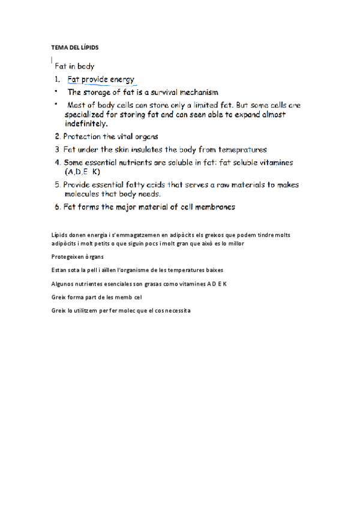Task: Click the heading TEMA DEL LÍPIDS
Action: point(74,47)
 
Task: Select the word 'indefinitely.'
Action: point(86,124)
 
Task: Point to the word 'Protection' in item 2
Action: point(84,136)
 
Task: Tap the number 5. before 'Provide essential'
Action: point(58,185)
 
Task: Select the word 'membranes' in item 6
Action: point(214,207)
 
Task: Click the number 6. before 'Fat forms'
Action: point(58,207)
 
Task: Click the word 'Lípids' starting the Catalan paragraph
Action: point(61,235)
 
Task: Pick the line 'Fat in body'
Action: point(74,67)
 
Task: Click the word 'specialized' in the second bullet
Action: point(89,114)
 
